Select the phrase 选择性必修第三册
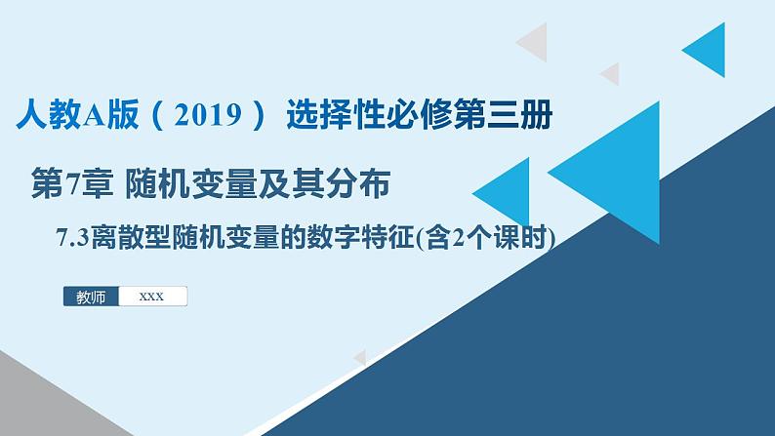click(x=419, y=119)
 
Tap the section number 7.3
click(x=74, y=237)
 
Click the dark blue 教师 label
click(x=91, y=297)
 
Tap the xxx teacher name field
click(x=152, y=297)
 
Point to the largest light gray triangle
click(x=535, y=42)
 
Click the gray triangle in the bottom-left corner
click(x=29, y=395)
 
